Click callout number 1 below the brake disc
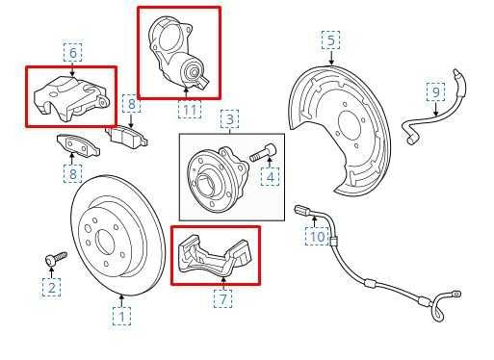point(122,314)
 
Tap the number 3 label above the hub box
point(230,119)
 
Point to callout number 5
point(330,40)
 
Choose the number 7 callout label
point(222,298)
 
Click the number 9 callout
point(436,92)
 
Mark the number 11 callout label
point(190,111)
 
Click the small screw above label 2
point(54,258)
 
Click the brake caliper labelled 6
point(69,96)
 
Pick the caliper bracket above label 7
point(216,257)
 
